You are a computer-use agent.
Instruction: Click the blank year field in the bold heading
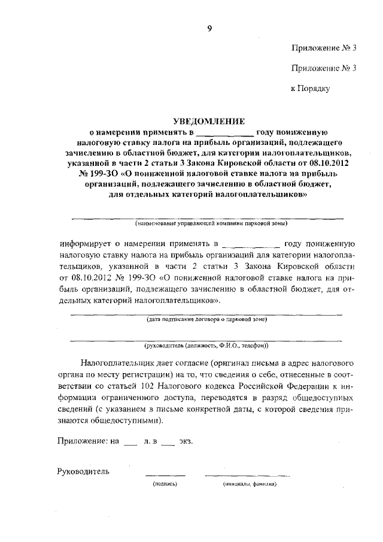click(224, 131)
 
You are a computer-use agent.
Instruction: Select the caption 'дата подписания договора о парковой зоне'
click(207, 319)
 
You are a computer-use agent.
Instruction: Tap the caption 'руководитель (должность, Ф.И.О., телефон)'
click(207, 346)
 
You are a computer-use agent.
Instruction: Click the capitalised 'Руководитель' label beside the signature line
click(84, 471)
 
